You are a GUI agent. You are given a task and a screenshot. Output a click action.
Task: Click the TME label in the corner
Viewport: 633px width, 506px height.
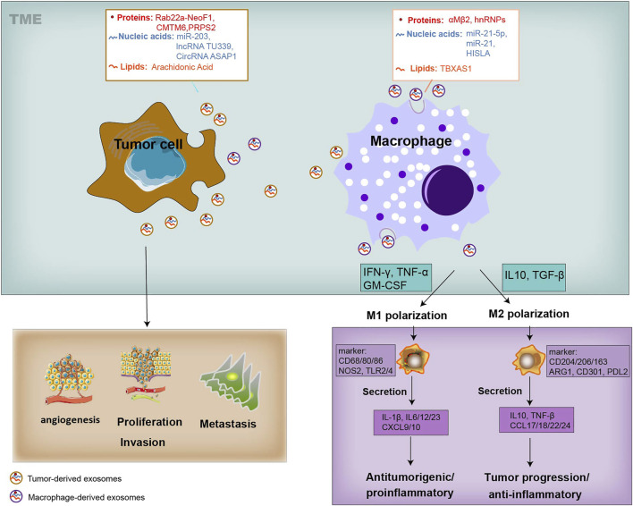[x=25, y=19]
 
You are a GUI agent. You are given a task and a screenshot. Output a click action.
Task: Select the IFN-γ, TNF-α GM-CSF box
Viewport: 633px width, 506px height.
[x=395, y=278]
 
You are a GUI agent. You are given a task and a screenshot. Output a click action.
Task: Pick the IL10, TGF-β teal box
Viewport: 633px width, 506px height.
[x=534, y=277]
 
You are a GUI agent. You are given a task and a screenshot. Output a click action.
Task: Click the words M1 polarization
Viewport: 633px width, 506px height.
[x=407, y=316]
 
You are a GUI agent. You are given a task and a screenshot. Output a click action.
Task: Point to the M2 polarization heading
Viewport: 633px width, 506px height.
[x=529, y=314]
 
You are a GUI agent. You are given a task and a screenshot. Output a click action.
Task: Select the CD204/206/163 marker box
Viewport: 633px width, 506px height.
[x=587, y=361]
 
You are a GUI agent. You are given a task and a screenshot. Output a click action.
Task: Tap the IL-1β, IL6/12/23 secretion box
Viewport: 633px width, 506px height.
[x=411, y=423]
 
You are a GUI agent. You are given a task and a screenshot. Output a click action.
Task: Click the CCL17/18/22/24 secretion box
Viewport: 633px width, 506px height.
[x=536, y=420]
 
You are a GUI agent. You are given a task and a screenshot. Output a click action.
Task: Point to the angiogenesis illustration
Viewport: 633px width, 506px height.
[x=69, y=380]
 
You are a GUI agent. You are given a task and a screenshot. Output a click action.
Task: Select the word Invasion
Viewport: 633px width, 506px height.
[x=142, y=443]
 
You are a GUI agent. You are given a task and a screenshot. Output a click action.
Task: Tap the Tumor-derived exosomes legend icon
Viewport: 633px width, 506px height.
[x=16, y=478]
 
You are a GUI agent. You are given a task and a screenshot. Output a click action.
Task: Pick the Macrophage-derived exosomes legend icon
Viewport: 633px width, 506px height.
[x=16, y=496]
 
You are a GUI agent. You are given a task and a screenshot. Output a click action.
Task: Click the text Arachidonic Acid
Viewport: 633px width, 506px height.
[x=182, y=67]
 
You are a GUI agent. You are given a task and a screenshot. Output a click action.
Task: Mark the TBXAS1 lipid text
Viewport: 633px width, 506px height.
[x=456, y=69]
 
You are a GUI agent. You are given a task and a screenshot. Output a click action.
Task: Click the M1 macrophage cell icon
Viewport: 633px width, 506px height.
[x=413, y=359]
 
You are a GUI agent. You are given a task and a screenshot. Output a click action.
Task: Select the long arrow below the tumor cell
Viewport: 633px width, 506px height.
[x=146, y=286]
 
